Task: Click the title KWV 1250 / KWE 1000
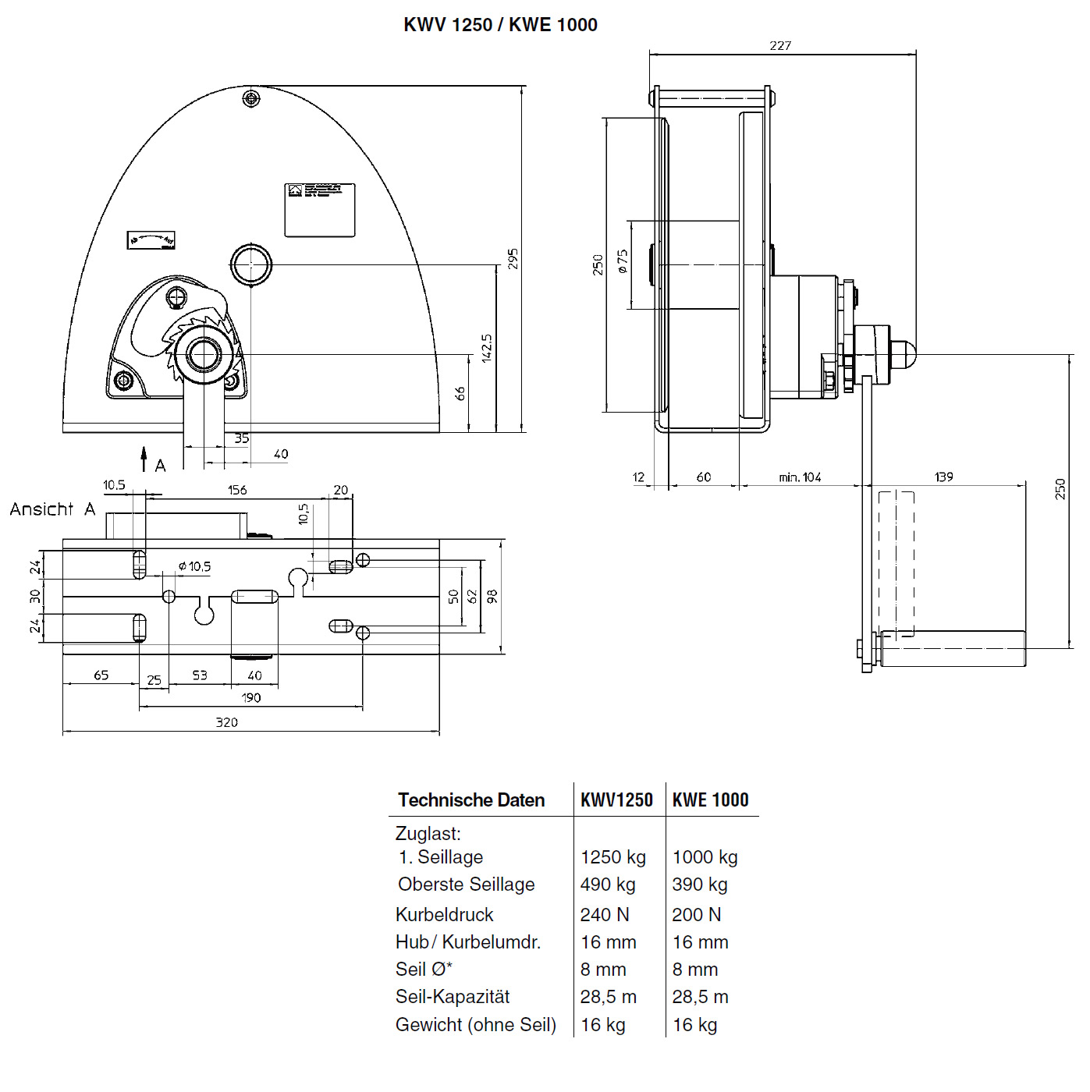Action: pyautogui.click(x=500, y=25)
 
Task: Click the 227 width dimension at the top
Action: pyautogui.click(x=780, y=46)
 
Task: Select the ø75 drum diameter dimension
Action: pyautogui.click(x=623, y=261)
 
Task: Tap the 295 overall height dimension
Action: pyautogui.click(x=513, y=259)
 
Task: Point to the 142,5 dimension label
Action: pyautogui.click(x=487, y=349)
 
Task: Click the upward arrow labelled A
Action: pyautogui.click(x=144, y=458)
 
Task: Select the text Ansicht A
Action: pyautogui.click(x=52, y=509)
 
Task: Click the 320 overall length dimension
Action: pyautogui.click(x=226, y=722)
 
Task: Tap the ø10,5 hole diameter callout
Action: pyautogui.click(x=194, y=566)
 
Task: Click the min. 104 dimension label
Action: pyautogui.click(x=800, y=477)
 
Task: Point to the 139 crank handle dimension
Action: pyautogui.click(x=943, y=477)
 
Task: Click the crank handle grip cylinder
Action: pyautogui.click(x=953, y=649)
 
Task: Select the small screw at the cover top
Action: pyautogui.click(x=250, y=98)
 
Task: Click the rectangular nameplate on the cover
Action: pyautogui.click(x=319, y=210)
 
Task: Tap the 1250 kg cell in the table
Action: pyautogui.click(x=613, y=857)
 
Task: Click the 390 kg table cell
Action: pyautogui.click(x=700, y=885)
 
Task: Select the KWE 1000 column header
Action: pyautogui.click(x=710, y=799)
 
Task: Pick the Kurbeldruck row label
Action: pyautogui.click(x=445, y=914)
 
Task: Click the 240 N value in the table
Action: pyautogui.click(x=605, y=914)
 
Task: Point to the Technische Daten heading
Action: pyautogui.click(x=471, y=799)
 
